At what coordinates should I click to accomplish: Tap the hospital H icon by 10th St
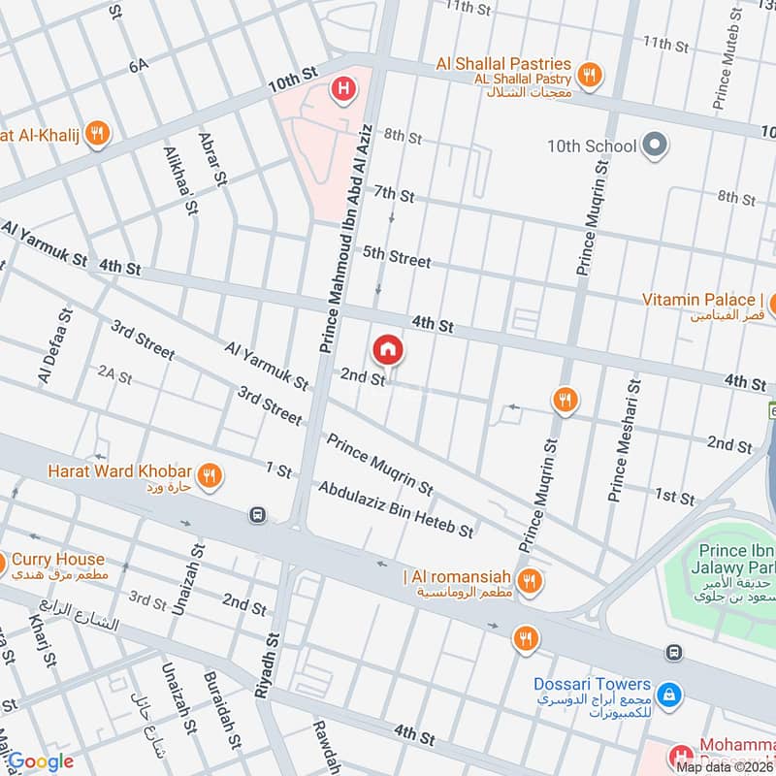coord(341,91)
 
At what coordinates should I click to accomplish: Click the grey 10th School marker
coord(657,145)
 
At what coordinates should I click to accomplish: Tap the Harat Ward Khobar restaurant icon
coord(208,475)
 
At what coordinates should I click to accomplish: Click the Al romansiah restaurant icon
coord(529,581)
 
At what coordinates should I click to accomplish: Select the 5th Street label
coord(396,257)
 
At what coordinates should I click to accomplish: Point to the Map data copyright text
coord(725,766)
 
